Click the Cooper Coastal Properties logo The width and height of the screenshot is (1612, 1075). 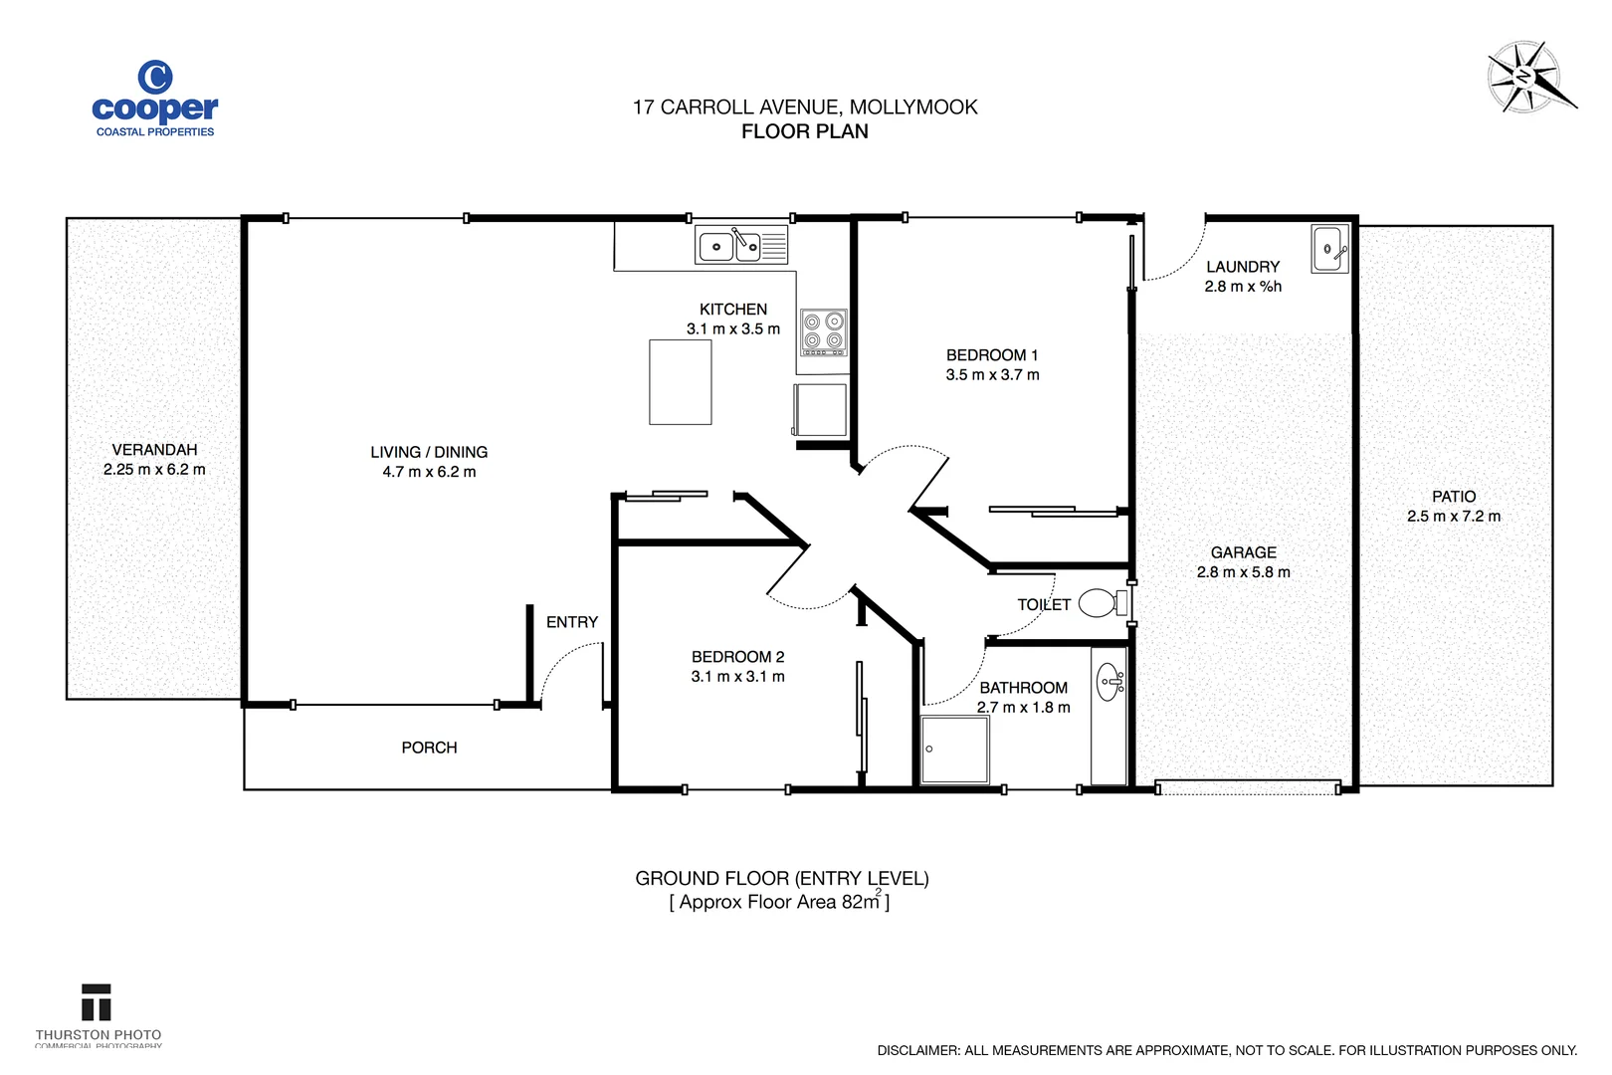154,99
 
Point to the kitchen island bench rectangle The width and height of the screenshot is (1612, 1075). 681,382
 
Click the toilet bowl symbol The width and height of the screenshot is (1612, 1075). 1099,602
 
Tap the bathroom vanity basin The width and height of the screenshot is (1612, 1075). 1109,682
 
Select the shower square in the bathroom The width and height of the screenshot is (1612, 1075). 954,750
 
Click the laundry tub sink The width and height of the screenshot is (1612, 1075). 1328,249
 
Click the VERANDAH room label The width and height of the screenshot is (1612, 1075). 154,450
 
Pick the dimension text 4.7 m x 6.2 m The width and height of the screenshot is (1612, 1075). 429,472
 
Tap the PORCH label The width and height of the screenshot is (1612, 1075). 429,748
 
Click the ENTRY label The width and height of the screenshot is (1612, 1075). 572,622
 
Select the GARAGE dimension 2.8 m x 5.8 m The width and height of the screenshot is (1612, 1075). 1243,572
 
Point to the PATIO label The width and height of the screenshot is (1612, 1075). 1453,497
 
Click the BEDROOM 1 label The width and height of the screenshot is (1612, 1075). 991,355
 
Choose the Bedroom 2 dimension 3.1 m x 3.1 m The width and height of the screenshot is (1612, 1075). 737,677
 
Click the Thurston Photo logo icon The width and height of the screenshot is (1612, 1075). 97,1003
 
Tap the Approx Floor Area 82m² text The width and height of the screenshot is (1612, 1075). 779,903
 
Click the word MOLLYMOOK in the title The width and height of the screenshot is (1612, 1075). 912,107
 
